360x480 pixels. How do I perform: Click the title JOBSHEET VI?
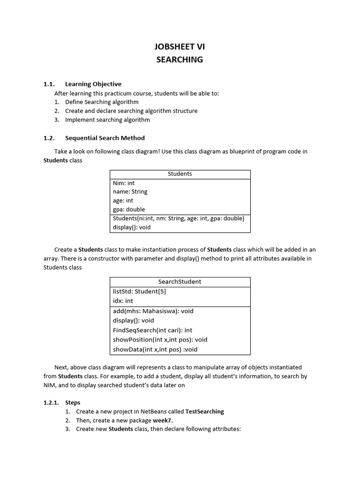tap(180, 46)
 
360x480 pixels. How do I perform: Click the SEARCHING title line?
tap(180, 60)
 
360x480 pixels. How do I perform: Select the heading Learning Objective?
tap(93, 84)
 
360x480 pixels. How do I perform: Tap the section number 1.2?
tap(49, 138)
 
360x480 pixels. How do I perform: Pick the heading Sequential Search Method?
tap(105, 138)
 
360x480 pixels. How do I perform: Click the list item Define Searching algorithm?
tap(102, 102)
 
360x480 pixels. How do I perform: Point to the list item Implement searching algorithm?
tap(107, 120)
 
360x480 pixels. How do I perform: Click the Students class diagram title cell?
tap(180, 174)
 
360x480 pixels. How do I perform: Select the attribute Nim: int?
tap(124, 183)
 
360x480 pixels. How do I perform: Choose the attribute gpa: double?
tap(129, 210)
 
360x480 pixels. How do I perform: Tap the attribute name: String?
tap(130, 192)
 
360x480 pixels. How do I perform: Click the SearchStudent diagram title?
tap(180, 282)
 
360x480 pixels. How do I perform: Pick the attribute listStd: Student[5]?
tap(139, 292)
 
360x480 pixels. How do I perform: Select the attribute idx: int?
tap(123, 301)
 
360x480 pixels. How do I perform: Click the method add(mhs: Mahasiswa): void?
tap(153, 311)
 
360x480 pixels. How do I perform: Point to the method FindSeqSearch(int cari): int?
tap(152, 330)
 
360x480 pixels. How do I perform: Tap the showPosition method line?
tap(160, 340)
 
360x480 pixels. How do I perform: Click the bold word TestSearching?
tap(205, 412)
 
